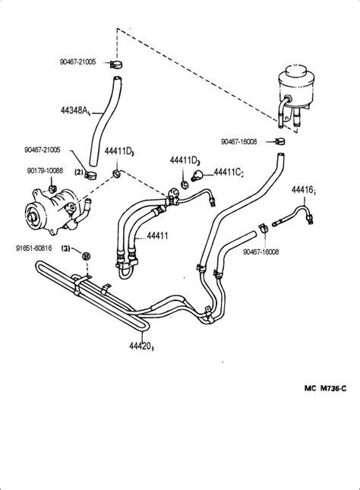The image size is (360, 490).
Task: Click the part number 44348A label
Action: tap(74, 110)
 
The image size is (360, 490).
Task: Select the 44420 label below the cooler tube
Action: tap(141, 346)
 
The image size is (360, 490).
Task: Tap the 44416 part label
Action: tap(302, 189)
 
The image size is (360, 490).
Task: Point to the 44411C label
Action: tap(227, 172)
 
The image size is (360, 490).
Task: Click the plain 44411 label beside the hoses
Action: tap(157, 236)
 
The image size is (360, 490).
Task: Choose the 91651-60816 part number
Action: tap(33, 248)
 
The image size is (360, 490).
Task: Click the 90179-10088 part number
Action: tap(45, 171)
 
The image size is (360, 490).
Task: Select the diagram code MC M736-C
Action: tap(325, 388)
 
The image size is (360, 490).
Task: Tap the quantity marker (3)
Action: tap(66, 248)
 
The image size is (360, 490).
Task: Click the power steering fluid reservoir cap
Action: tap(295, 71)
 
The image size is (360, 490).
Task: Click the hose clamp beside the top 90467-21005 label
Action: tap(116, 65)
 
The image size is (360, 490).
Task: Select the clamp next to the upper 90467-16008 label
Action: tap(280, 141)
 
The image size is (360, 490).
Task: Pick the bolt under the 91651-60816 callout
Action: tap(87, 256)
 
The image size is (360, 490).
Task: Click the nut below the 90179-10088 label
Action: tap(52, 188)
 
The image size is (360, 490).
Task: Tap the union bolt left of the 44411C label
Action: tap(197, 175)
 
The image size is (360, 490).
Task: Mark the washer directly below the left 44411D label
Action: tap(117, 173)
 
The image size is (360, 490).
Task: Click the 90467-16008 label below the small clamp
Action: tap(261, 252)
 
